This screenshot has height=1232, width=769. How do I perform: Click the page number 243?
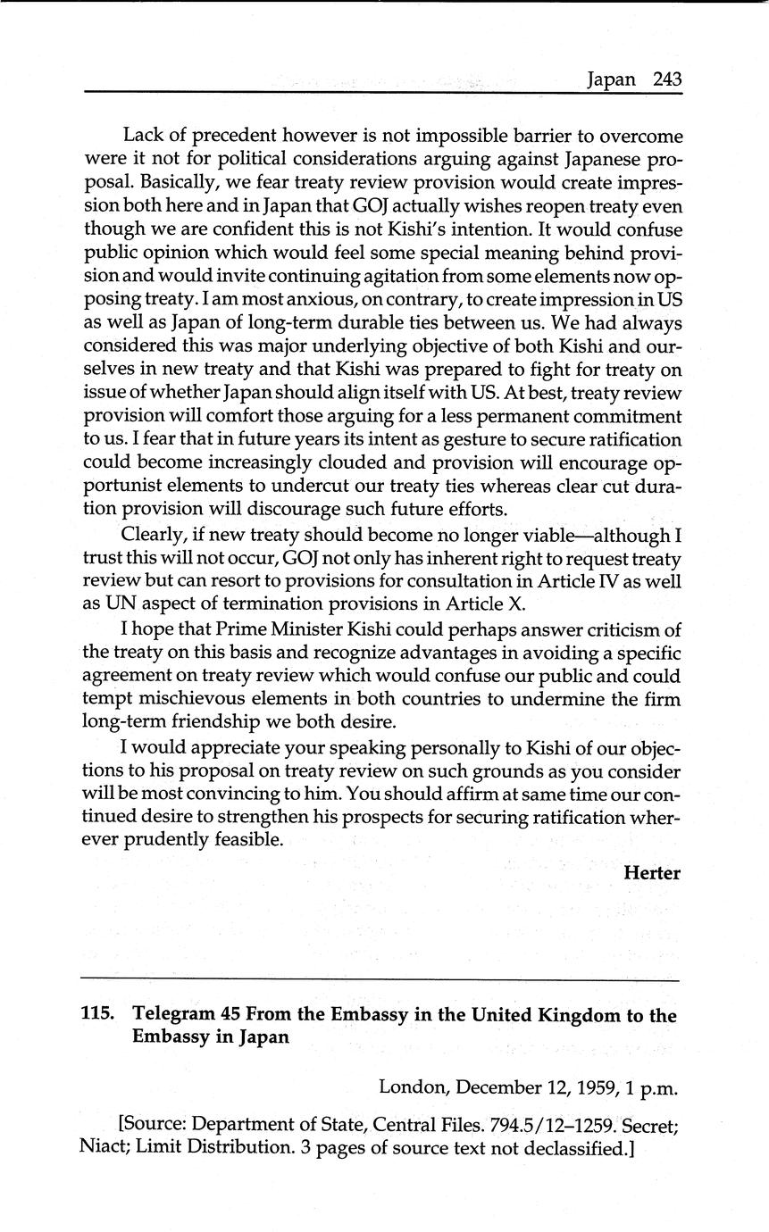(x=667, y=79)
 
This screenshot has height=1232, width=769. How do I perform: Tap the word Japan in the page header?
(x=611, y=79)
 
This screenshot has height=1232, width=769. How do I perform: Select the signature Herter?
(x=652, y=873)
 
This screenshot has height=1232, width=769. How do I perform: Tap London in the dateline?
(x=409, y=1087)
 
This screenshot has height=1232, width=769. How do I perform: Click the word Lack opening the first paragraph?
(x=143, y=137)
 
